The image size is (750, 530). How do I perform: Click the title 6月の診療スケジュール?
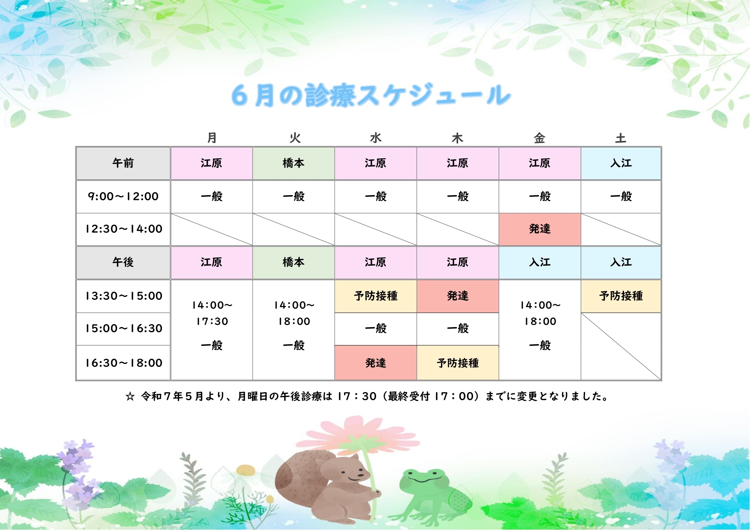point(371,95)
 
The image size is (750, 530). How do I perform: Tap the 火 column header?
point(295,138)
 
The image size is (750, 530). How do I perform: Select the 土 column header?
point(621,138)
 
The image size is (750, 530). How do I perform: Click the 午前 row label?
point(123,163)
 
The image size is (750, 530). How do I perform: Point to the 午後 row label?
point(123,262)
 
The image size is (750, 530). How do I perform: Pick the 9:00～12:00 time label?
point(123,196)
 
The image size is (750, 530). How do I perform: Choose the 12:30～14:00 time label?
point(124,229)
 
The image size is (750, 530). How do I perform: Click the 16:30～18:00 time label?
point(124,363)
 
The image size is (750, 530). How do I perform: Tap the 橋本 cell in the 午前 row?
point(294,163)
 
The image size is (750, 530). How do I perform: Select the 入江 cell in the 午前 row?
point(621,163)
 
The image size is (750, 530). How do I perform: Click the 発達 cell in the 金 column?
point(540,229)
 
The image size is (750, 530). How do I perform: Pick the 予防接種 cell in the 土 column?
point(621,296)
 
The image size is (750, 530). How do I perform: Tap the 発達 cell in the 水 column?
point(376,363)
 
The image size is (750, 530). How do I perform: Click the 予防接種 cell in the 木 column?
point(458,363)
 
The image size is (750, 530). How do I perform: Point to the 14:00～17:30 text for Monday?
point(212,313)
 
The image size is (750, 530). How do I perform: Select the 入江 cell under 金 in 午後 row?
point(540,262)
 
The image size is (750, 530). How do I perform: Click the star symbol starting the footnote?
point(130,397)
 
